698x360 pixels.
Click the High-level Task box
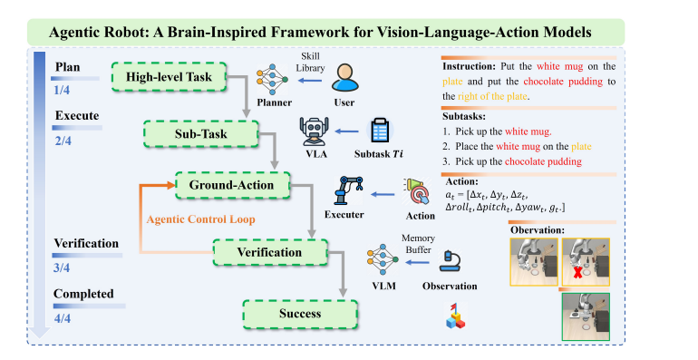169,77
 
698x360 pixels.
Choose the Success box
300,314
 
